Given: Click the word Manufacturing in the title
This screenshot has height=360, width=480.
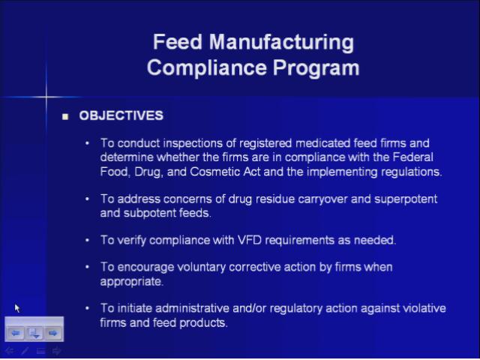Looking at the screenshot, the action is [282, 42].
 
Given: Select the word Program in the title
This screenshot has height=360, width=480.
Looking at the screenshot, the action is [316, 68].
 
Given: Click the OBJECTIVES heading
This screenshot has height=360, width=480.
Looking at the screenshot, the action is [121, 115].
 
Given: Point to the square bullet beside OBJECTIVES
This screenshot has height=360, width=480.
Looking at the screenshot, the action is [65, 117].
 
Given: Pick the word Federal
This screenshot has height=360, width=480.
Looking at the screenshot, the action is [413, 157].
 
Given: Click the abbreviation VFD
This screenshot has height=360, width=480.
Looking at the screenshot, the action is [250, 240].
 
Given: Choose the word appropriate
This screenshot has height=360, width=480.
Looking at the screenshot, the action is [132, 282].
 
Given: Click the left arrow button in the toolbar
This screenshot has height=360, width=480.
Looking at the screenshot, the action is [16, 333].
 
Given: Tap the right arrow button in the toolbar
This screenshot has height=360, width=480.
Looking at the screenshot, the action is [53, 333].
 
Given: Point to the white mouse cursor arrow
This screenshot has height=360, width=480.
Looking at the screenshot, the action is [17, 308].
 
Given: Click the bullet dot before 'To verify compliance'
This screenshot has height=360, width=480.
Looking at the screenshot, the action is [88, 240].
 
